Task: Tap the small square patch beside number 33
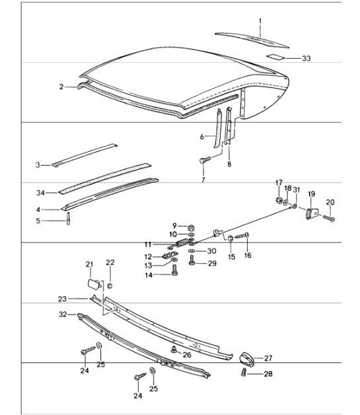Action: tap(271, 57)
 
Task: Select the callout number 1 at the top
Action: tap(260, 21)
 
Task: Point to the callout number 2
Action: tap(61, 87)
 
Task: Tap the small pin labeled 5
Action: tap(69, 219)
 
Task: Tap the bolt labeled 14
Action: tap(174, 275)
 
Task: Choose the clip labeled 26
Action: tap(173, 350)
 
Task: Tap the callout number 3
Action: tap(38, 164)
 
